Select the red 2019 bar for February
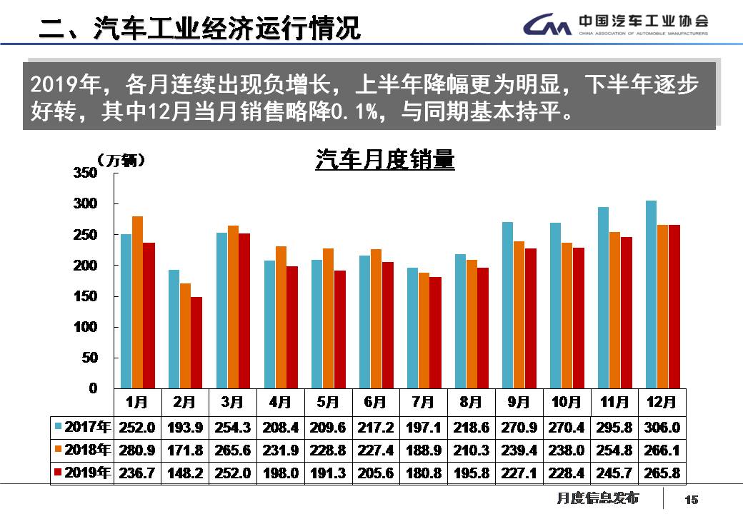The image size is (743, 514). pos(196,343)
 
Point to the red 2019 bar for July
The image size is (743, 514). pos(435,333)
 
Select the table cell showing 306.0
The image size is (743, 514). pos(662,428)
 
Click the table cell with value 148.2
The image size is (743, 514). pos(184,473)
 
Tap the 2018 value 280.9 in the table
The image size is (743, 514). pos(136,450)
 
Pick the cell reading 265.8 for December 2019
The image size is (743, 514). pos(662,473)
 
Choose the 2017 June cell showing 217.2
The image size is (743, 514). pos(375,428)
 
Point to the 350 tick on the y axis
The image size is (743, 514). pos(85,173)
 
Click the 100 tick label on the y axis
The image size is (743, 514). pos(85,327)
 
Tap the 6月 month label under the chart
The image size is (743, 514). pos(375,403)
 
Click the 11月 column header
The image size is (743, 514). pos(614,403)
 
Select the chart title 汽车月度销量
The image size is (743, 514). pos(385,160)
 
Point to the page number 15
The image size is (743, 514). pos(691,499)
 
